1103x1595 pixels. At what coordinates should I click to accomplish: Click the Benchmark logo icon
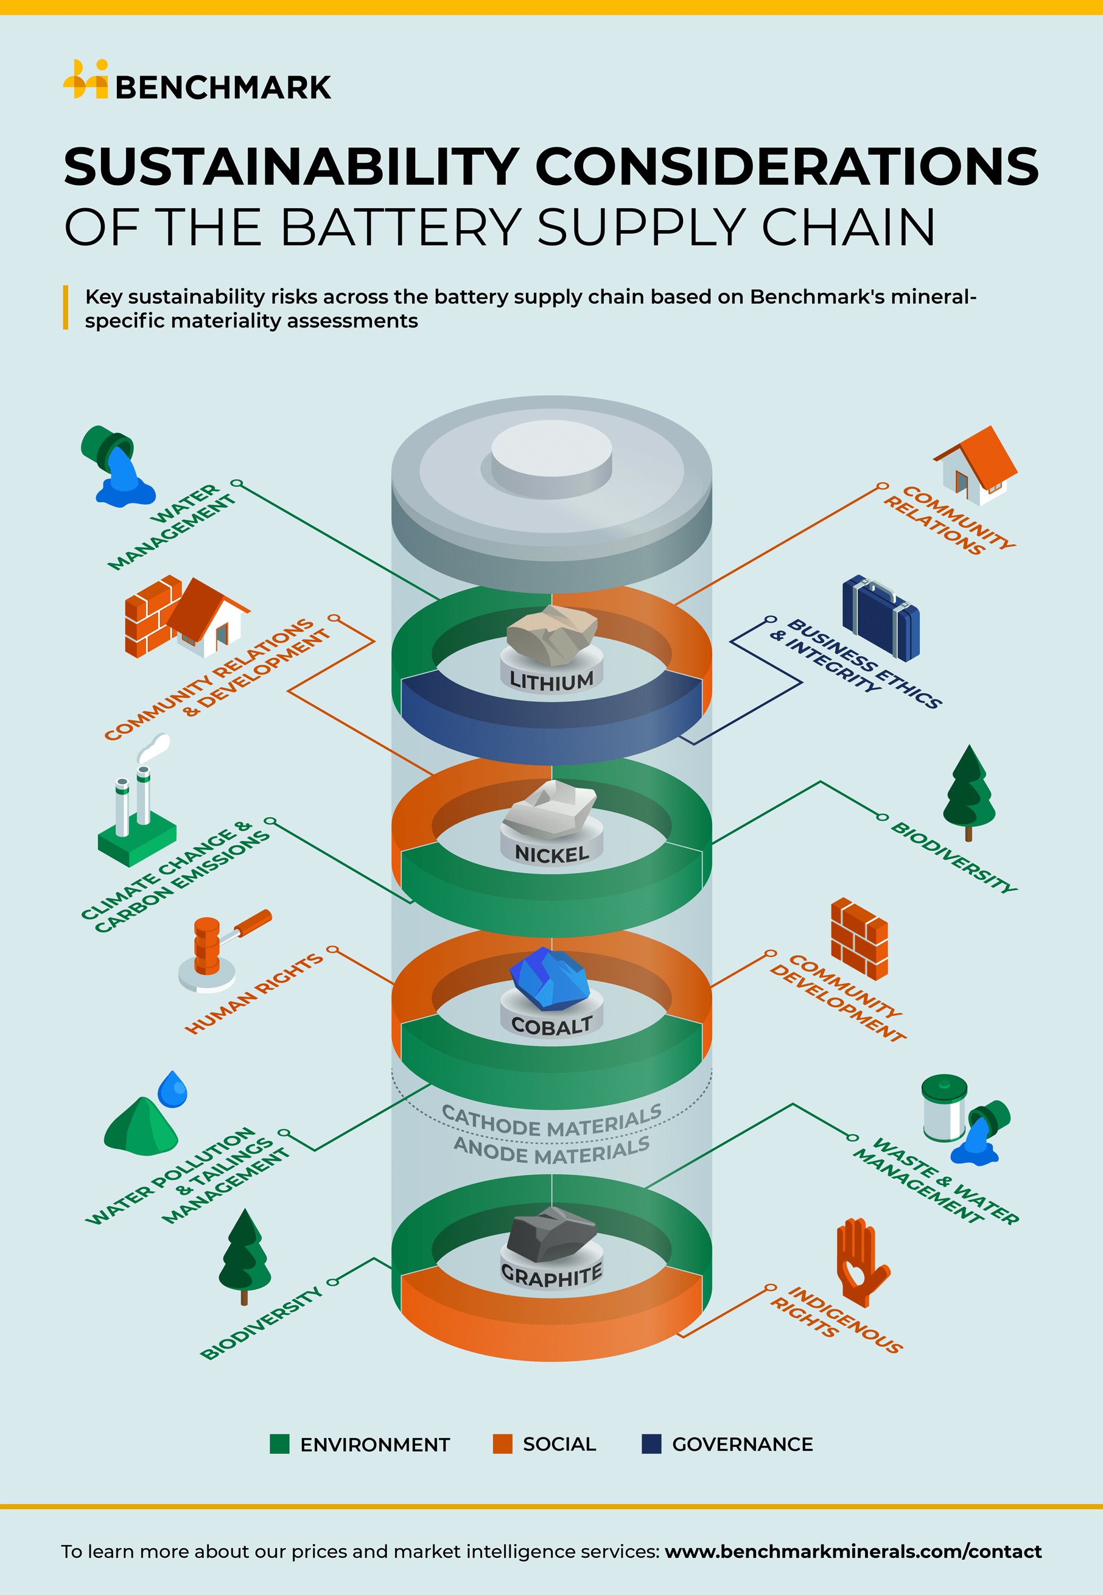86,80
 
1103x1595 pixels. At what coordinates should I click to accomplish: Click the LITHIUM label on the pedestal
551,681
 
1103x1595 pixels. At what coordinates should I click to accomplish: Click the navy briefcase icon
880,618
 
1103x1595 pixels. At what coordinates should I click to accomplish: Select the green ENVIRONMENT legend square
279,1443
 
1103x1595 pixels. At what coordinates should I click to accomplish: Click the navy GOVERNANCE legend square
651,1443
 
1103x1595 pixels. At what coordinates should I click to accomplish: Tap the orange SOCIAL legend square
502,1443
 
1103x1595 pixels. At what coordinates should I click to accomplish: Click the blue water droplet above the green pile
173,1090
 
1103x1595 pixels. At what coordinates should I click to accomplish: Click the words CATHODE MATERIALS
551,1121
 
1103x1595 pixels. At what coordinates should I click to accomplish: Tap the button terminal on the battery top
551,456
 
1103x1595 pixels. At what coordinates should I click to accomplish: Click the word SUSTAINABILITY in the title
290,167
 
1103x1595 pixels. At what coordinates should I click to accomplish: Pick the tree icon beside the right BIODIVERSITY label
969,791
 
